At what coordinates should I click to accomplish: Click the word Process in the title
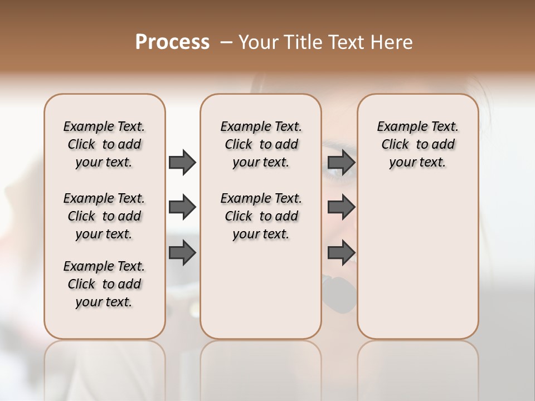pos(172,42)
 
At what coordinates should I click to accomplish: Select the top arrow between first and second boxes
pos(182,162)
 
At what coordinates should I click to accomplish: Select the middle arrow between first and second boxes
pos(182,207)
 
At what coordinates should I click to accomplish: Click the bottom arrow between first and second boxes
pos(182,253)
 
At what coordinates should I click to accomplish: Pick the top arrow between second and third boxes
pos(341,162)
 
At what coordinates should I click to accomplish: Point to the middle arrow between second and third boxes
pos(341,207)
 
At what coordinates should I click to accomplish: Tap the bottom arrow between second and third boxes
pos(341,253)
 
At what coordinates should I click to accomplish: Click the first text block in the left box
pos(104,144)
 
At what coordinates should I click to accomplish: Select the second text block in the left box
pos(104,216)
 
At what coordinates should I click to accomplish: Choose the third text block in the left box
pos(104,284)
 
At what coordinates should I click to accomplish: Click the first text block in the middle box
pos(261,144)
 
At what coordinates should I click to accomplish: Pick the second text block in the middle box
pos(261,216)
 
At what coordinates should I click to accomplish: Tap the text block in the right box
pos(418,144)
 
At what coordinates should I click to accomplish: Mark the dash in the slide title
pos(226,42)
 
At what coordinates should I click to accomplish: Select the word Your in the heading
pos(259,42)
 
